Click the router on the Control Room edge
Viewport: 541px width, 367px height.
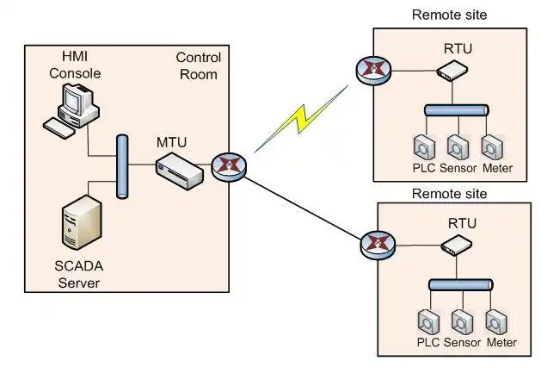pyautogui.click(x=228, y=165)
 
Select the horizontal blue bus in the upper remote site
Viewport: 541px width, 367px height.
pyautogui.click(x=456, y=109)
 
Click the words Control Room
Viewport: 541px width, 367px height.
pyautogui.click(x=198, y=66)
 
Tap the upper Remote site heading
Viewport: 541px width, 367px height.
pyautogui.click(x=449, y=15)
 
